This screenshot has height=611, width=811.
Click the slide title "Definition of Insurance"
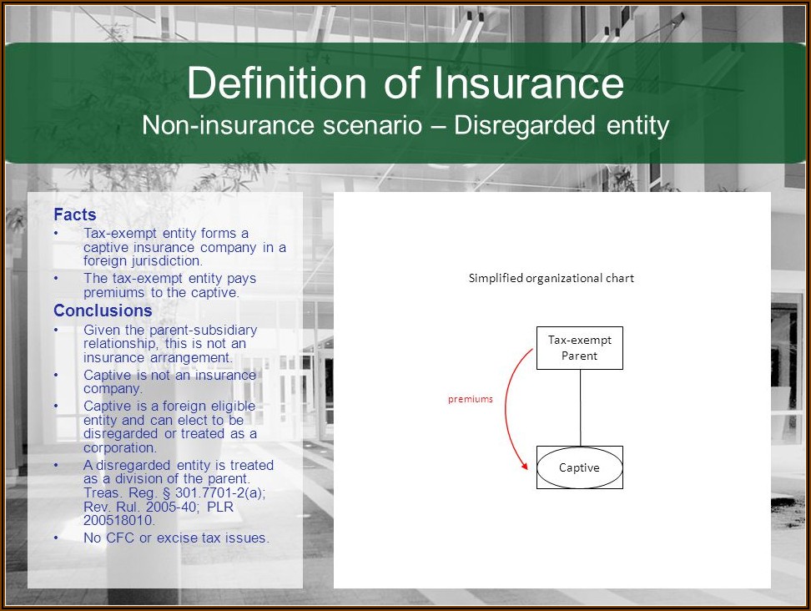[x=405, y=83]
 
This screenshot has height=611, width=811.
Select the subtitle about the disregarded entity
[x=405, y=126]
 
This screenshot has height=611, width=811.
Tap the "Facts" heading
[x=75, y=215]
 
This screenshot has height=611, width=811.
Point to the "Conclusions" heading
[x=103, y=311]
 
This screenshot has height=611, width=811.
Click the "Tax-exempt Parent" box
[x=579, y=348]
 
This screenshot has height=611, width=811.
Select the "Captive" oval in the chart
[x=579, y=467]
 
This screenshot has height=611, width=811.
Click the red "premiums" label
[x=470, y=399]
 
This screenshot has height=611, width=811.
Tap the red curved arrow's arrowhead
[x=525, y=466]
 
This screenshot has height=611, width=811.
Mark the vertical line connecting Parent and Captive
[x=580, y=407]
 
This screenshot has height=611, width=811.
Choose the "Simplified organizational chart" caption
[x=551, y=278]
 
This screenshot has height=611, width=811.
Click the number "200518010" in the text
[x=119, y=521]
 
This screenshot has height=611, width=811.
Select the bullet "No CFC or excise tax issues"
[x=176, y=538]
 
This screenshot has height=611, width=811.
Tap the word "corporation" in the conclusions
[x=119, y=447]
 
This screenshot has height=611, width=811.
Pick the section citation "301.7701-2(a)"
[x=219, y=492]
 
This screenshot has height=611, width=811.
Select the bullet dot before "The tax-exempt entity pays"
[x=56, y=278]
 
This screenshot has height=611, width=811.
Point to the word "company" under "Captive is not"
[x=113, y=389]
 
